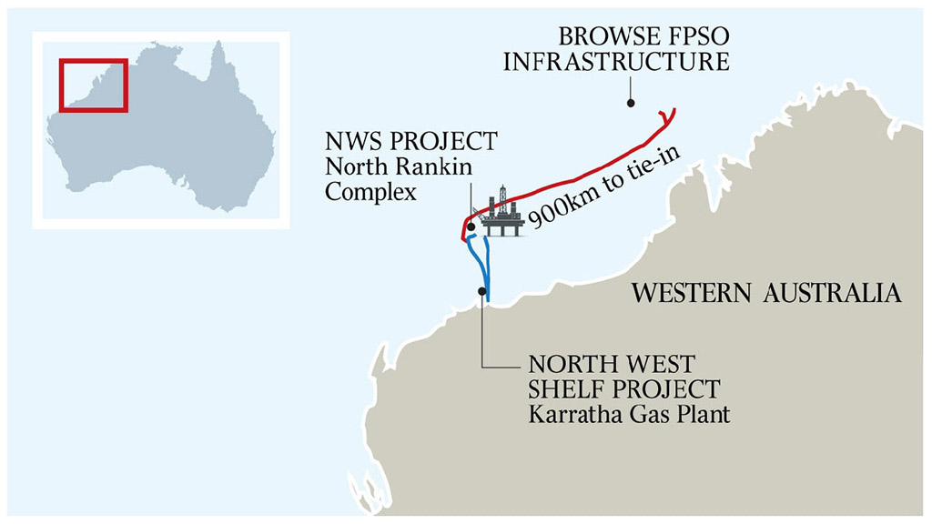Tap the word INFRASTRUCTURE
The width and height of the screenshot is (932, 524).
click(617, 62)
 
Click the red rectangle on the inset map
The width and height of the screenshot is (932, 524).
click(94, 86)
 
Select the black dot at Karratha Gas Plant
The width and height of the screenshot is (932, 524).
click(481, 291)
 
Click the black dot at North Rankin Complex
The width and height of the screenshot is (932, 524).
click(471, 227)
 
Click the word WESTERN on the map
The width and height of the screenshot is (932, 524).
click(685, 294)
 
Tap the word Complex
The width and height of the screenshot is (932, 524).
click(370, 192)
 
